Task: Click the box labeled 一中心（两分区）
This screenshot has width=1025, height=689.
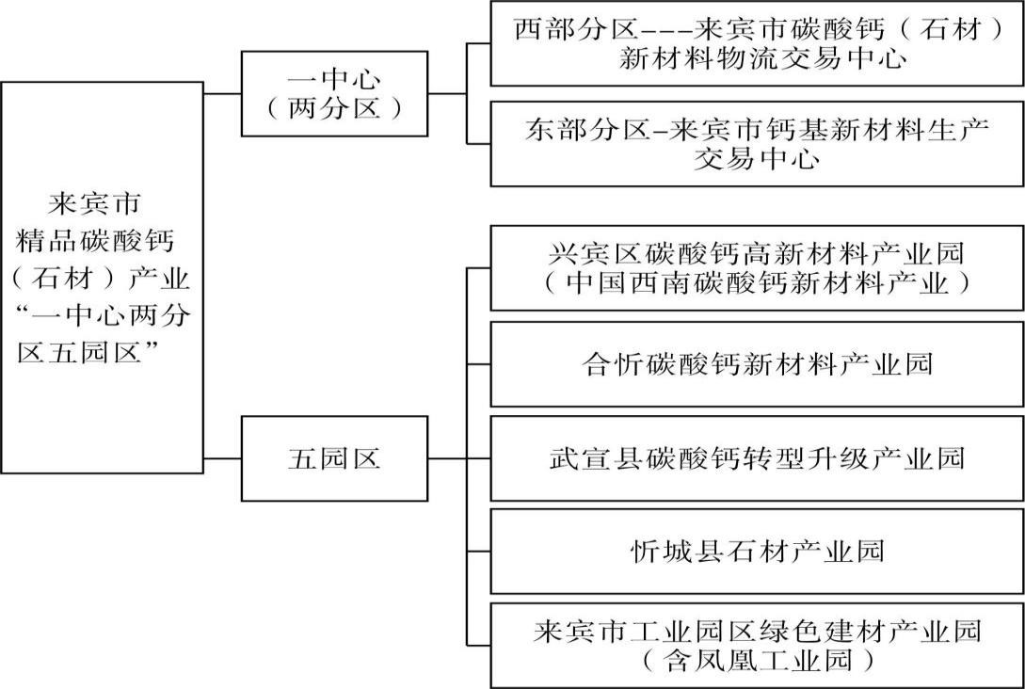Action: tap(334, 94)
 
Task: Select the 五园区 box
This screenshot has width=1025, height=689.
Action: tap(334, 459)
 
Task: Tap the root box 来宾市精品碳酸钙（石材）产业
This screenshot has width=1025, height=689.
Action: tap(102, 277)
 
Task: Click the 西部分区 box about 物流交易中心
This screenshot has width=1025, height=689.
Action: tap(757, 43)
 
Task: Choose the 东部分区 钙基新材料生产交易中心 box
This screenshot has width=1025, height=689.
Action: tap(757, 143)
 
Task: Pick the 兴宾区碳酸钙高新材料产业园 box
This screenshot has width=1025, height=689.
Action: tap(757, 267)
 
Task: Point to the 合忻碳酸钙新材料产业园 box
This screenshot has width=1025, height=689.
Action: tap(757, 363)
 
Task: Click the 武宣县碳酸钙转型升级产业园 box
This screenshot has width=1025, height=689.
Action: tap(757, 458)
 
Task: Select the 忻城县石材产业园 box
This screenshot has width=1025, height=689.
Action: tap(757, 551)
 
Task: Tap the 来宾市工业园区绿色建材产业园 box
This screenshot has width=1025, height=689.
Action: tap(757, 645)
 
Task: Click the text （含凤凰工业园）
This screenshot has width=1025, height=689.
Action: tap(757, 661)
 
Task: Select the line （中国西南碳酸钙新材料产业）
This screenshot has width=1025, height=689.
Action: tap(757, 282)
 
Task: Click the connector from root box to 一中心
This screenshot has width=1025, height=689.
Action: tap(222, 94)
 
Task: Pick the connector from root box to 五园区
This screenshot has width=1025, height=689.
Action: tap(222, 459)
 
